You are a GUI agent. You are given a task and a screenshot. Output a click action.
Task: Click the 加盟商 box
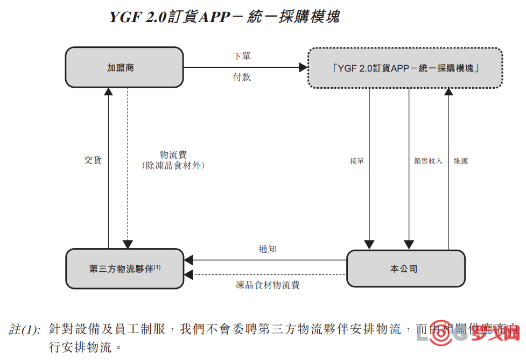(x=124, y=68)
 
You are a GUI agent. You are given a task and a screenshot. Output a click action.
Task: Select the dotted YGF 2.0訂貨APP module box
(x=405, y=68)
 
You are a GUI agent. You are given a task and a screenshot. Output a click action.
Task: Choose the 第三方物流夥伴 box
(x=124, y=269)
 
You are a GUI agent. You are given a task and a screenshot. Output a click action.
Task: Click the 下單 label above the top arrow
(x=242, y=57)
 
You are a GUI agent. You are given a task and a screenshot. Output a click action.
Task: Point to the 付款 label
(x=242, y=77)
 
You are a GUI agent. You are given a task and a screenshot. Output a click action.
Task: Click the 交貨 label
(x=93, y=160)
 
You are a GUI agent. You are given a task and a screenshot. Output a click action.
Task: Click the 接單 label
(x=357, y=161)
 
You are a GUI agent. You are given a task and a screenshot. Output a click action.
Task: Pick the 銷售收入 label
(x=428, y=161)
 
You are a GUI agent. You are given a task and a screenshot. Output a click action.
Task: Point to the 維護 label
(x=461, y=161)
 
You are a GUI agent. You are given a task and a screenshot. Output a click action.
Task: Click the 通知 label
(x=268, y=249)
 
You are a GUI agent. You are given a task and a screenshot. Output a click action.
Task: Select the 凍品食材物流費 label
(x=268, y=285)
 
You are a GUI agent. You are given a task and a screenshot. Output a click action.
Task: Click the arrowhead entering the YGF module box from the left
(x=303, y=68)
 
